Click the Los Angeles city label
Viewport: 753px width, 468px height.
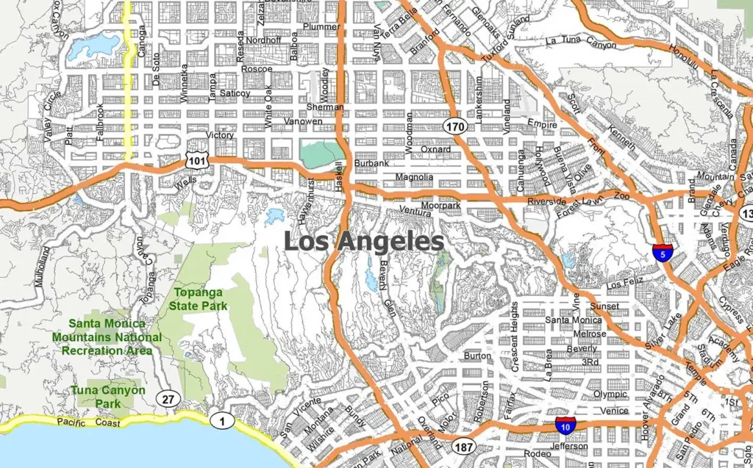click(x=363, y=241)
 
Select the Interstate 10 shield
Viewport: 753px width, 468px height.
click(x=565, y=425)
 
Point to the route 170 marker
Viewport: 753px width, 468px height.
click(x=455, y=127)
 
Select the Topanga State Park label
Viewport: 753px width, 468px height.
click(x=199, y=299)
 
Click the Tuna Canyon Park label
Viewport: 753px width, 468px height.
click(x=107, y=397)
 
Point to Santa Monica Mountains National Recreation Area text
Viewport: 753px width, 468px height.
click(x=107, y=336)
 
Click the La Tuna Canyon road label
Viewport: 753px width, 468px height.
click(x=581, y=41)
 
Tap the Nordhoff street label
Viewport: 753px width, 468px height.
click(x=263, y=40)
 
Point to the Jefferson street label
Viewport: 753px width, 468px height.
click(x=568, y=446)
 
